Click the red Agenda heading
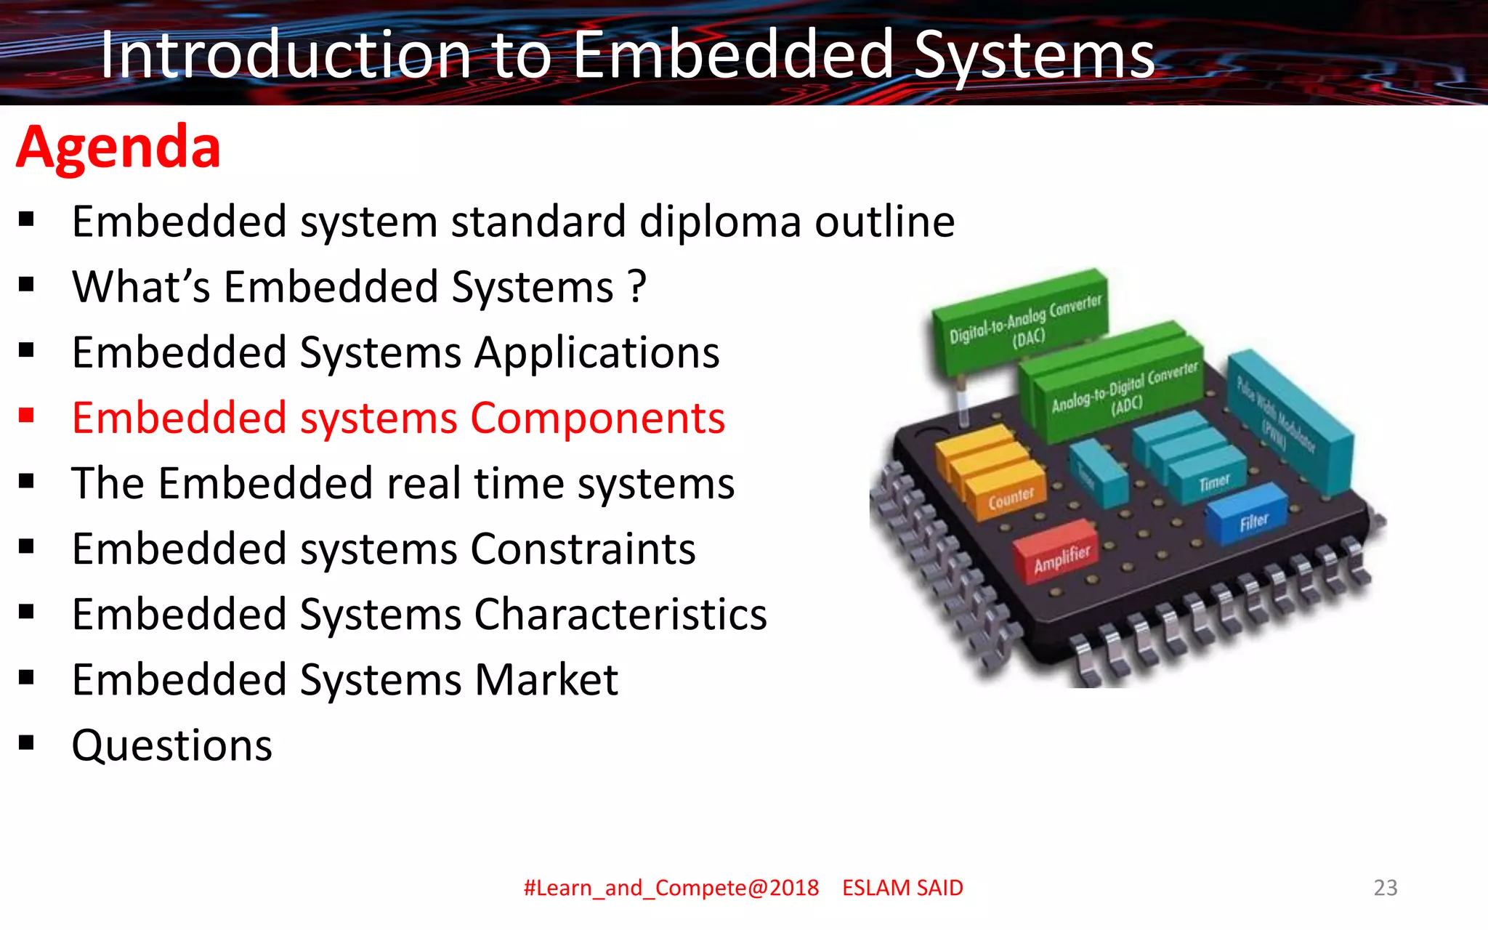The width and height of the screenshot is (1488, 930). coord(118,147)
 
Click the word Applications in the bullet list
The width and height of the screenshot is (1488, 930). coord(597,353)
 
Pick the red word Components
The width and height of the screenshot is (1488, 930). coord(597,418)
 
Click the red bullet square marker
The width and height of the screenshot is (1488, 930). coord(27,416)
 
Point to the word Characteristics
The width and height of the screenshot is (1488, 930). coord(620,615)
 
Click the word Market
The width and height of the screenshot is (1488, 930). coord(546,680)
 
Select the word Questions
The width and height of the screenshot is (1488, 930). coord(172,745)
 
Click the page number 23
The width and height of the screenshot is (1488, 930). coord(1385,887)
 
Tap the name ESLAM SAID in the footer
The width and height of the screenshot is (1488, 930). coord(902,888)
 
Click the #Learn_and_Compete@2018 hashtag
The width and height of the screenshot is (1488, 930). coord(671,888)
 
